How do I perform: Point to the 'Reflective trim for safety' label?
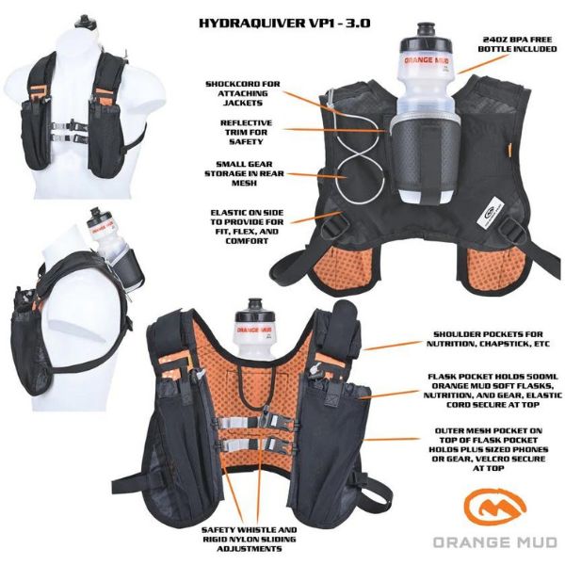point(249,131)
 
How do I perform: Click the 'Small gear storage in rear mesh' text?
point(244,174)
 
